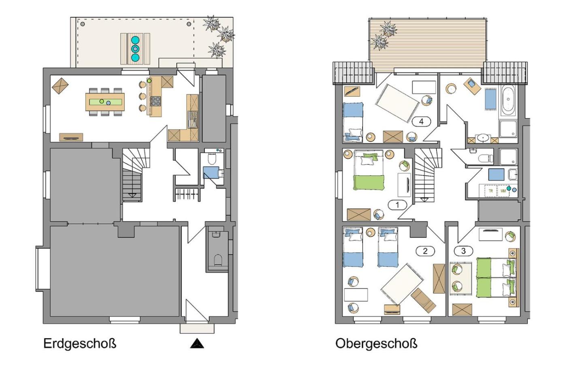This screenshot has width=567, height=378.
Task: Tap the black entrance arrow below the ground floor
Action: pos(197,344)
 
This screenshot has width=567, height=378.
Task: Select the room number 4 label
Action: pos(421,122)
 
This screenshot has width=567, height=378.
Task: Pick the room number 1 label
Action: pos(397,205)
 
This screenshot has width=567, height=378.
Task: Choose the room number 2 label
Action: pos(425,251)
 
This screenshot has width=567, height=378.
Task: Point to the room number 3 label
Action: pos(463,251)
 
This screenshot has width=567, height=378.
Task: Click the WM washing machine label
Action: pos(503,191)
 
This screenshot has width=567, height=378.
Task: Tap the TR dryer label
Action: pos(490,191)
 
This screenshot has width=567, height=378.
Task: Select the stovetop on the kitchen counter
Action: pos(156,101)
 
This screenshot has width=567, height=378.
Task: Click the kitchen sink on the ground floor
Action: pos(193,120)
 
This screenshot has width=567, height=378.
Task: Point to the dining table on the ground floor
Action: pos(105,102)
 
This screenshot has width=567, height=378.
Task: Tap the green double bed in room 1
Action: pos(369,170)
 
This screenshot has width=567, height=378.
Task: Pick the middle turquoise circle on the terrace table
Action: pos(135,49)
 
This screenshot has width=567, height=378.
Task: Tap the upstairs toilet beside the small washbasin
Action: pos(486,158)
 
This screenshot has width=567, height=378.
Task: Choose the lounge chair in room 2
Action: pos(423,300)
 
